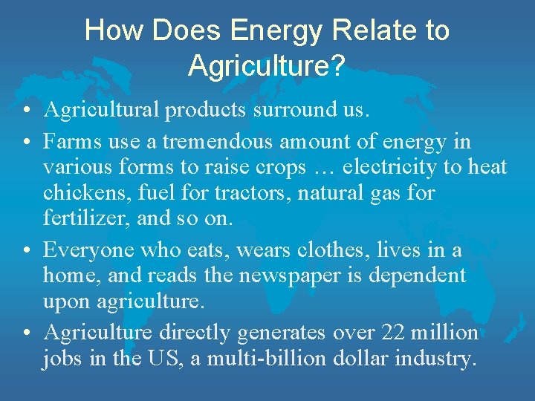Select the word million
pos(445,332)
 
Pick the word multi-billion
pos(251,359)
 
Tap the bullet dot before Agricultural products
pos(26,111)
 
